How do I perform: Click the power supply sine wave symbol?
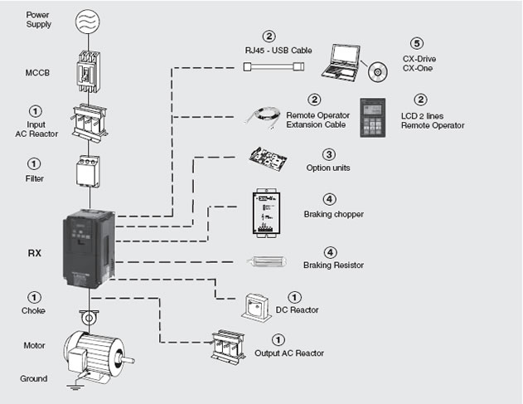[x=88, y=21]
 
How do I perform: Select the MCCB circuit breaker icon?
[x=88, y=71]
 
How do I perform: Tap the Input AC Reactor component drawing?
[x=90, y=123]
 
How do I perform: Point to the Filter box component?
[x=88, y=171]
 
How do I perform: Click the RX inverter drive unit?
[x=89, y=249]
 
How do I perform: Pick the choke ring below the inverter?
[x=89, y=318]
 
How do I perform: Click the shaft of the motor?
[x=128, y=360]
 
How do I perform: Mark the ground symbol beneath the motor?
[x=75, y=387]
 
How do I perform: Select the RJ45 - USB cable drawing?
[x=274, y=66]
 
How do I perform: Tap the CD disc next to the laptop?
[x=378, y=72]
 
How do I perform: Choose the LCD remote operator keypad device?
[x=373, y=118]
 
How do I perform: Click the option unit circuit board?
[x=268, y=158]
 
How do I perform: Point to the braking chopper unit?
[x=266, y=212]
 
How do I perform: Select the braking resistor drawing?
[x=267, y=261]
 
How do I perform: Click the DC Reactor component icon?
[x=257, y=308]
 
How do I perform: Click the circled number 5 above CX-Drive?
[x=417, y=43]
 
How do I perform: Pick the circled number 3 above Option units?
[x=329, y=154]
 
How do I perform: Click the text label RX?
[x=35, y=253]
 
